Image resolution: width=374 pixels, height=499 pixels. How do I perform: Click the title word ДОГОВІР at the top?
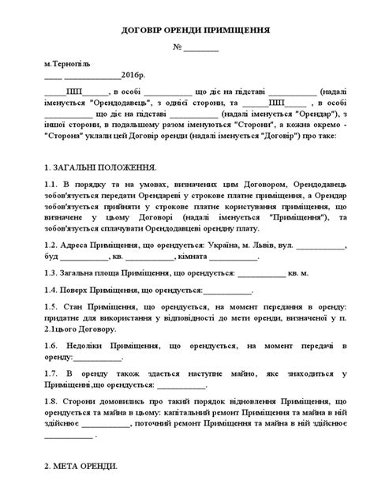click(x=140, y=29)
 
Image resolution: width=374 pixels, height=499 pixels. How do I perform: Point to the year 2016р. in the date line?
click(x=135, y=75)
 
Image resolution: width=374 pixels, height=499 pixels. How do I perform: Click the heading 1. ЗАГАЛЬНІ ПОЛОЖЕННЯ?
click(x=100, y=168)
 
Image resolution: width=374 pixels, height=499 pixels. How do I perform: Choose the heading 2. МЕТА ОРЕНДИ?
click(x=80, y=466)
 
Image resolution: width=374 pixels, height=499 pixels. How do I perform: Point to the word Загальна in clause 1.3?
click(x=84, y=273)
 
